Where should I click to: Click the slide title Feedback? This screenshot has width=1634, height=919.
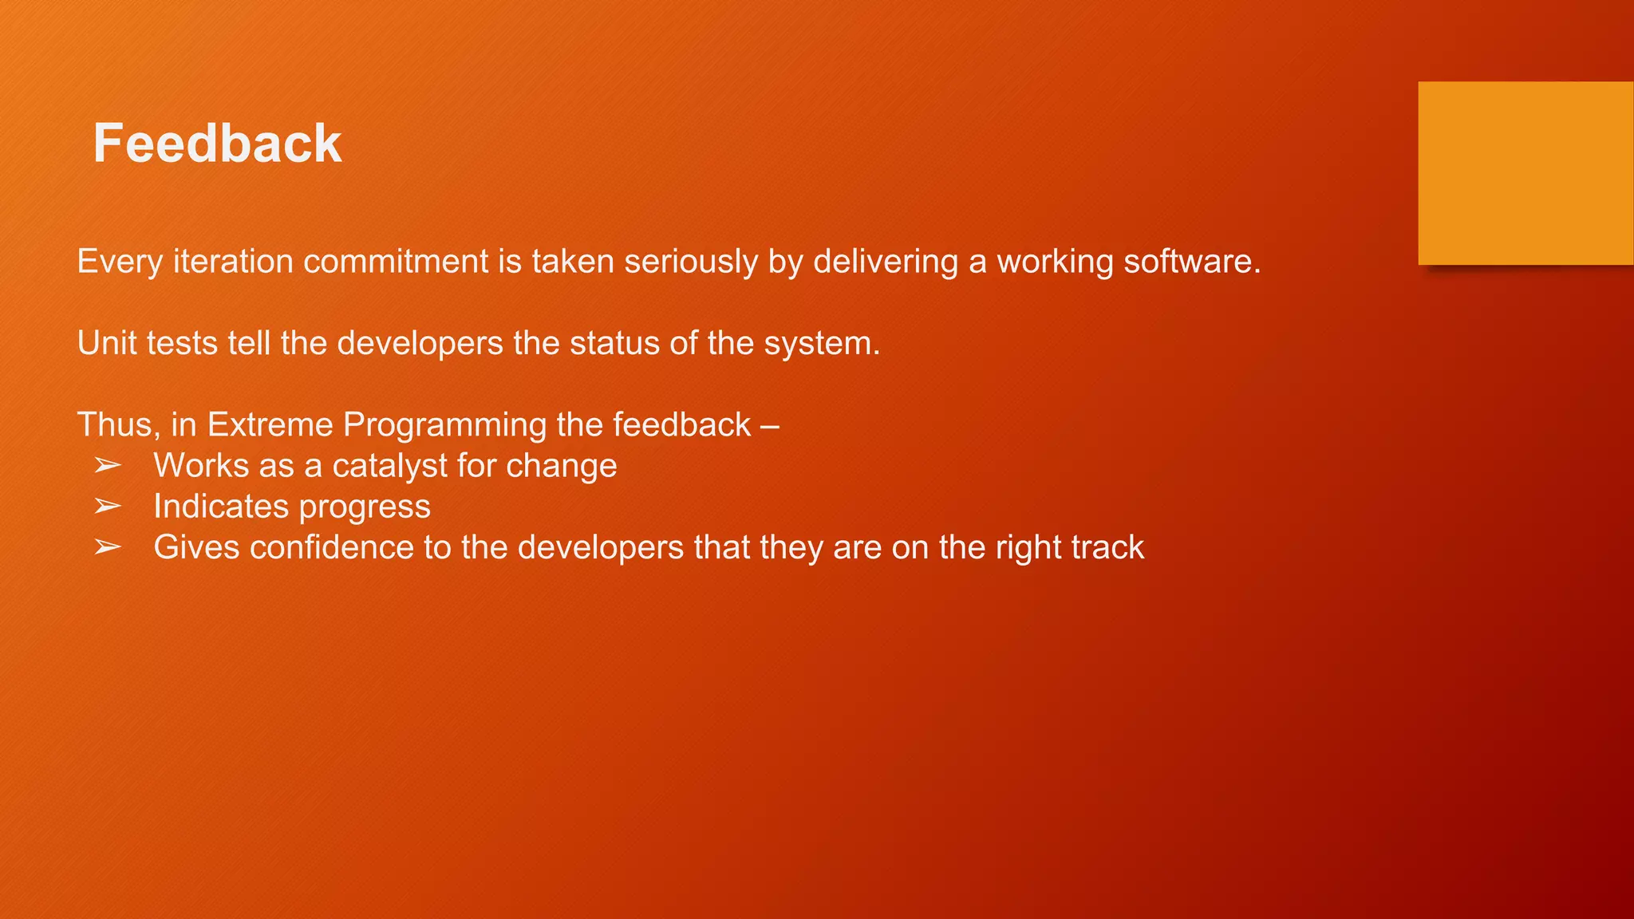click(x=217, y=144)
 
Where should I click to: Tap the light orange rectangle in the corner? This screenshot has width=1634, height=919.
click(x=1525, y=173)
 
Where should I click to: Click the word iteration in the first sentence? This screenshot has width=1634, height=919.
click(x=233, y=262)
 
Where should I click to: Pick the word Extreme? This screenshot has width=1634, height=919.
click(x=270, y=424)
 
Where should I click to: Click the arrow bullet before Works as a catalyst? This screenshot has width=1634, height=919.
click(x=107, y=465)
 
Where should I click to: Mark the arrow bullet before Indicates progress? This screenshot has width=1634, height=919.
click(x=107, y=506)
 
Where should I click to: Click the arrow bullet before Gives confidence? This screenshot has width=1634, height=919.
click(x=107, y=546)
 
